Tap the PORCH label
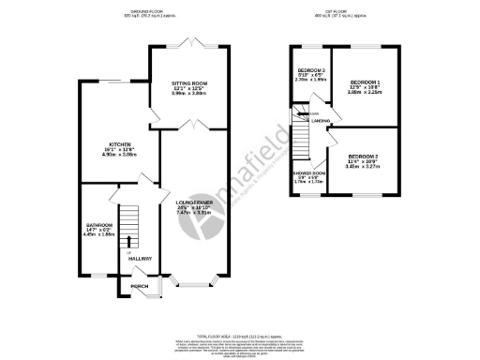pyautogui.click(x=139, y=286)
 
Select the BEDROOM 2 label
pyautogui.click(x=363, y=156)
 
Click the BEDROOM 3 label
pyautogui.click(x=311, y=71)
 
